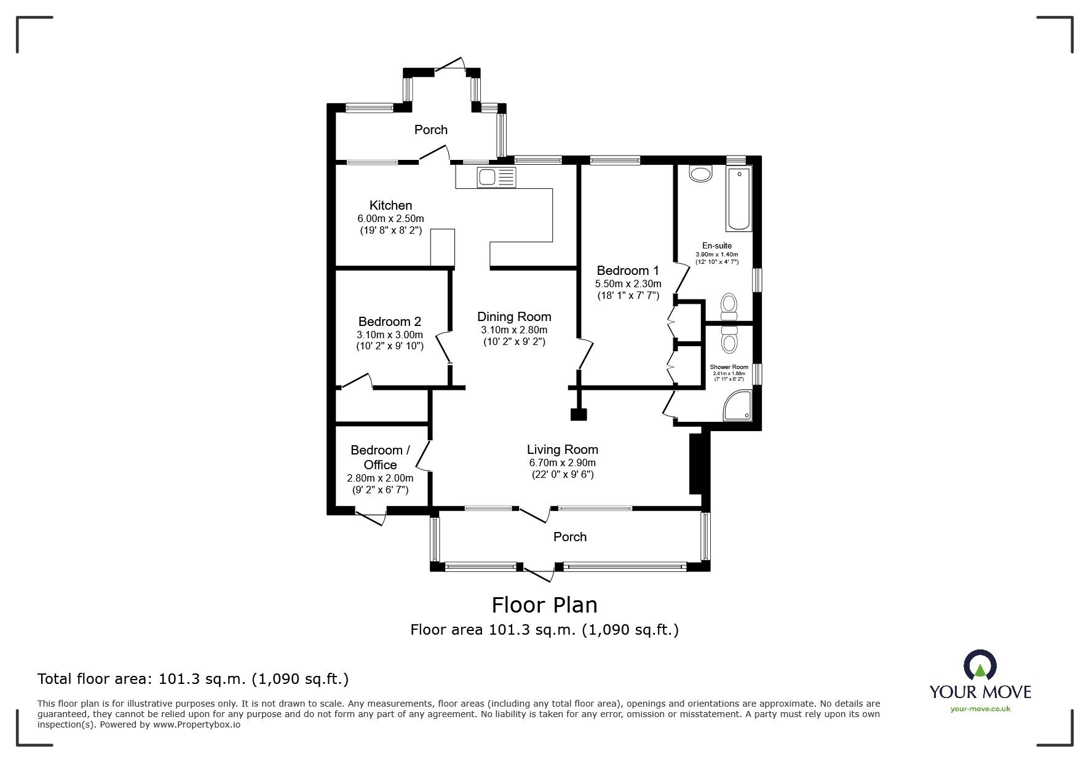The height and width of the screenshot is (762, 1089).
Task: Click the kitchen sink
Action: (x=497, y=178)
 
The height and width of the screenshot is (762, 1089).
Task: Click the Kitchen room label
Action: (x=390, y=205)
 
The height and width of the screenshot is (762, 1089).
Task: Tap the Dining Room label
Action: (x=514, y=317)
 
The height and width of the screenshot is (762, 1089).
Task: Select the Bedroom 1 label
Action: (x=628, y=271)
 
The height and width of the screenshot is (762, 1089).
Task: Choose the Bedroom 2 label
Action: (x=390, y=322)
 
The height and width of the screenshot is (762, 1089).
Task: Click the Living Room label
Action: (x=563, y=450)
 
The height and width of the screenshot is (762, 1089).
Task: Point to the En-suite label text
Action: (x=717, y=246)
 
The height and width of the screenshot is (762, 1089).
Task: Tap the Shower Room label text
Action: (x=729, y=367)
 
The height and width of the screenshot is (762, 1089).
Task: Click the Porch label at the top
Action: (x=431, y=130)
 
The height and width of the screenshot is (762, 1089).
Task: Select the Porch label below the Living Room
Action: (x=570, y=537)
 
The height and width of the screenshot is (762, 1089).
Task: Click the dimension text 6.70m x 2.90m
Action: (x=563, y=463)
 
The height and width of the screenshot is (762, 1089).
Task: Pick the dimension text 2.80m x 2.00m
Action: (x=380, y=478)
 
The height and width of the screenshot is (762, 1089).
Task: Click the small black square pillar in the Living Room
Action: (x=579, y=415)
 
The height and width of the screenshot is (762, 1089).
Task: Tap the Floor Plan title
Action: (x=545, y=605)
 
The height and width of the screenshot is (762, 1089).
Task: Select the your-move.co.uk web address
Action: (x=980, y=709)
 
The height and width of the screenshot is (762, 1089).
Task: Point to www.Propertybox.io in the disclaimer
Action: (x=197, y=724)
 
